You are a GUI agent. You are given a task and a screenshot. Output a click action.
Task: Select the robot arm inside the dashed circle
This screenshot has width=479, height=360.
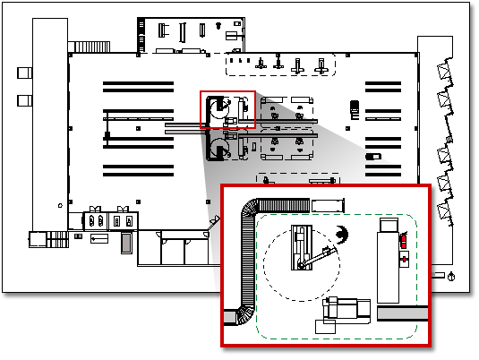pyautogui.click(x=304, y=251)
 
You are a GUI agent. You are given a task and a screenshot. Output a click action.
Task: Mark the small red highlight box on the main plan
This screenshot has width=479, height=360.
pyautogui.click(x=227, y=109)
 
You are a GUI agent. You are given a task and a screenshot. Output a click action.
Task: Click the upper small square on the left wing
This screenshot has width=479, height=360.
pyautogui.click(x=23, y=72)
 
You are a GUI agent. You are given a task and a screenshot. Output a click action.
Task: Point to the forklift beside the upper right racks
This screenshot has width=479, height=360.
pyautogui.click(x=355, y=107)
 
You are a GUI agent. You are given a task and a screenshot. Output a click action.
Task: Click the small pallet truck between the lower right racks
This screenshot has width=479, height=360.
pyautogui.click(x=373, y=156)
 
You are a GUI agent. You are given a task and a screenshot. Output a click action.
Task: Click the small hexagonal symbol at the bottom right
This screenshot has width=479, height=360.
pyautogui.click(x=458, y=275)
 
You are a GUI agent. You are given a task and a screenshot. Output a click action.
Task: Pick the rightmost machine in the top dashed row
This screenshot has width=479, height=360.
pyautogui.click(x=320, y=64)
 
